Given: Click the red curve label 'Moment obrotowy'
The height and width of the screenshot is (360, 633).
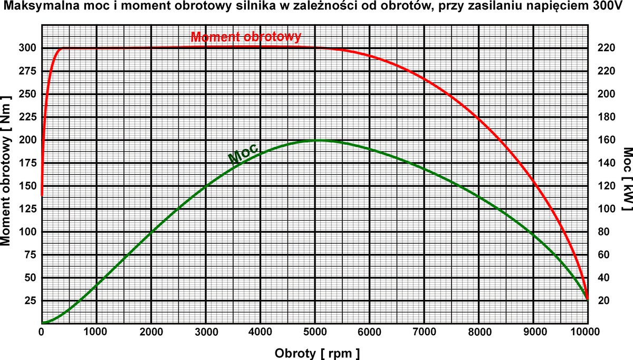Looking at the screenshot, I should pyautogui.click(x=246, y=37).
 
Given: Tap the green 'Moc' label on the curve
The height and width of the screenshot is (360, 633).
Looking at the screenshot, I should pyautogui.click(x=242, y=153).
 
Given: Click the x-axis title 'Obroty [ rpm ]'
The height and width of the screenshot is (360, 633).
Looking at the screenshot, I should pyautogui.click(x=317, y=352).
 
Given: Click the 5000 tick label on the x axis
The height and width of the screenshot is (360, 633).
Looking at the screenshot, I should pyautogui.click(x=315, y=331).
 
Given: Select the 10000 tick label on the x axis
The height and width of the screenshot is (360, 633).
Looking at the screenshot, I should pyautogui.click(x=587, y=331).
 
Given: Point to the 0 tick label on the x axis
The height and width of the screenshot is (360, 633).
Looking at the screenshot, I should pyautogui.click(x=42, y=331).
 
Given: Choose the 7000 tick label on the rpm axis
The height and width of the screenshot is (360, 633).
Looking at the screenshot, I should pyautogui.click(x=424, y=331).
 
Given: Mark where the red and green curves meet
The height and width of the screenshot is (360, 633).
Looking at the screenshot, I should pyautogui.click(x=587, y=299).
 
